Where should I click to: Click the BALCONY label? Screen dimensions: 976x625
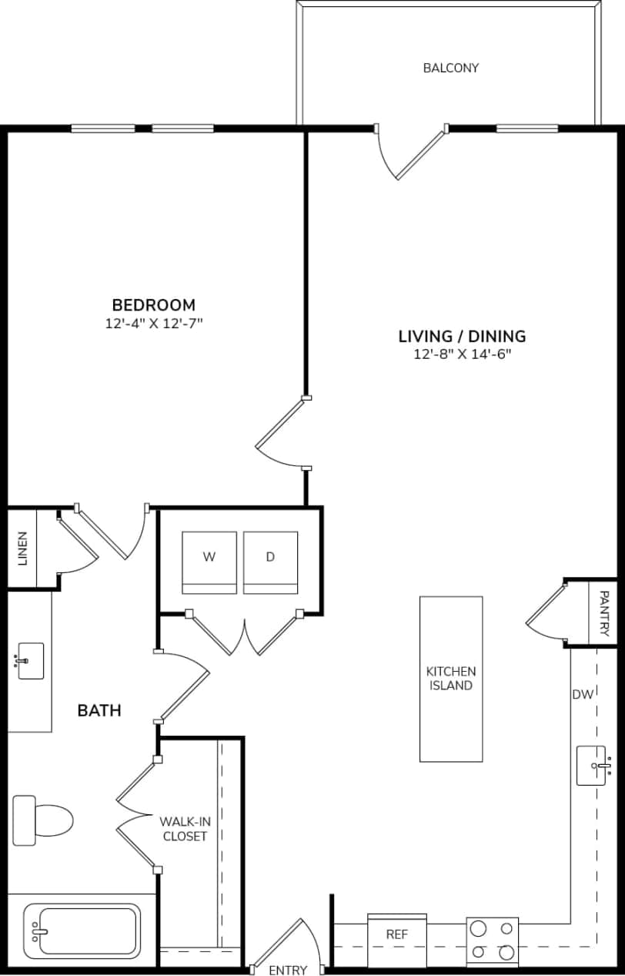pos(450,68)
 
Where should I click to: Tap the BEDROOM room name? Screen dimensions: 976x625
pos(153,305)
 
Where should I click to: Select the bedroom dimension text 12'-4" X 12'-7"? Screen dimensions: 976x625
pos(153,324)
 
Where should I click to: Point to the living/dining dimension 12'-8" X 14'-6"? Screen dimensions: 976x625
pos(462,354)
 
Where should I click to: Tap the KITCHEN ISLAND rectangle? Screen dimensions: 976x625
pos(451,679)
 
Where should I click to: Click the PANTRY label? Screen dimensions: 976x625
pos(604,613)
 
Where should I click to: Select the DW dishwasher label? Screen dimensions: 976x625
pos(583,695)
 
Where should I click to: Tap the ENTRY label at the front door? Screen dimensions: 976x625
pos(288,970)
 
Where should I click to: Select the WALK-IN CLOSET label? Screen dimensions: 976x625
pos(184,829)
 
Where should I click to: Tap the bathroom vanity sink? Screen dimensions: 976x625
pos(31,660)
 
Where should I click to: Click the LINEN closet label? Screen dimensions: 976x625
pos(22,548)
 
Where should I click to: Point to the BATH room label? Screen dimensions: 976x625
pos(99,710)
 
